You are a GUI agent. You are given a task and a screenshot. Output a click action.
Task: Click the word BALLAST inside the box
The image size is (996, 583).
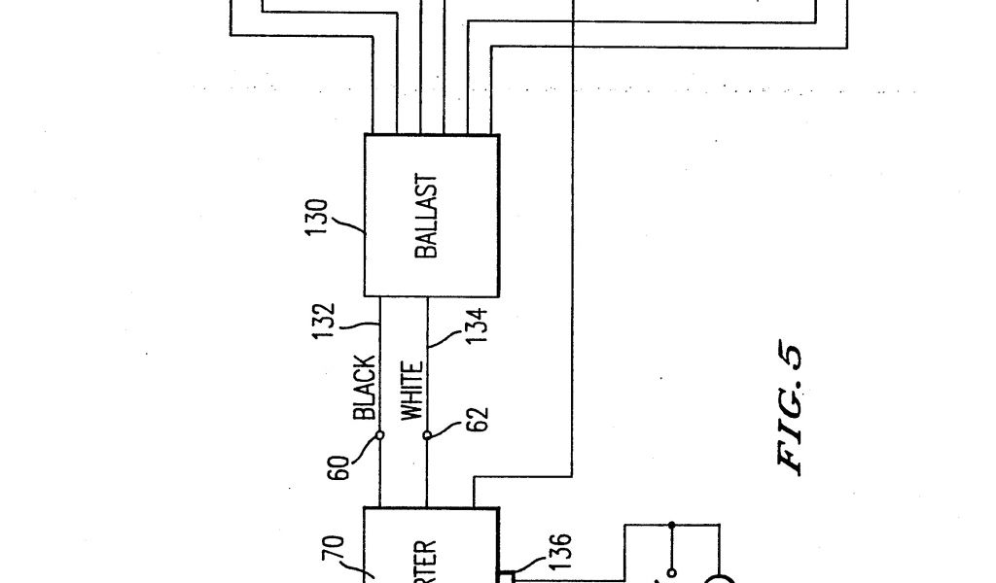(426, 217)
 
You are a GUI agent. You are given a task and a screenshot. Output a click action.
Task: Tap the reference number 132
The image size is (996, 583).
(328, 322)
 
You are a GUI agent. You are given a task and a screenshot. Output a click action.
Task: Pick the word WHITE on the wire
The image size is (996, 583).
(412, 391)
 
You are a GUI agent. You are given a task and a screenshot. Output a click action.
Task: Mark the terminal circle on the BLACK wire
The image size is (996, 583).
(378, 434)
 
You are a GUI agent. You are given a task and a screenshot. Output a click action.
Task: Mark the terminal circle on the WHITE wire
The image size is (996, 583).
(426, 434)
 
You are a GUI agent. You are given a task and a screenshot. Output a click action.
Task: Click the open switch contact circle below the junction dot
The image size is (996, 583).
(670, 573)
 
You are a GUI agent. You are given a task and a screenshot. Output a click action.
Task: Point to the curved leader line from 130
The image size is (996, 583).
(346, 228)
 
